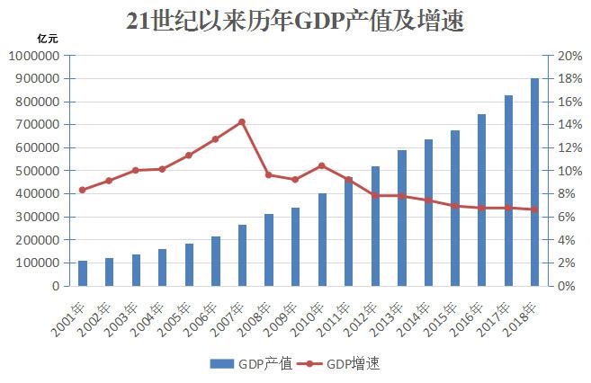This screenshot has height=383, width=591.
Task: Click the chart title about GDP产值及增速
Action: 295,21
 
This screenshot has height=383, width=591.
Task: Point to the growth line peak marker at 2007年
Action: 242,122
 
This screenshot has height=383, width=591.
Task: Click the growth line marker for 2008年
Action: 268,174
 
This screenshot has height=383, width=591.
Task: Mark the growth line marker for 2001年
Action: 83,190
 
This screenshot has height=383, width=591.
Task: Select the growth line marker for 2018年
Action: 535,209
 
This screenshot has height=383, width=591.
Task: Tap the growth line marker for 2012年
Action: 375,195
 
